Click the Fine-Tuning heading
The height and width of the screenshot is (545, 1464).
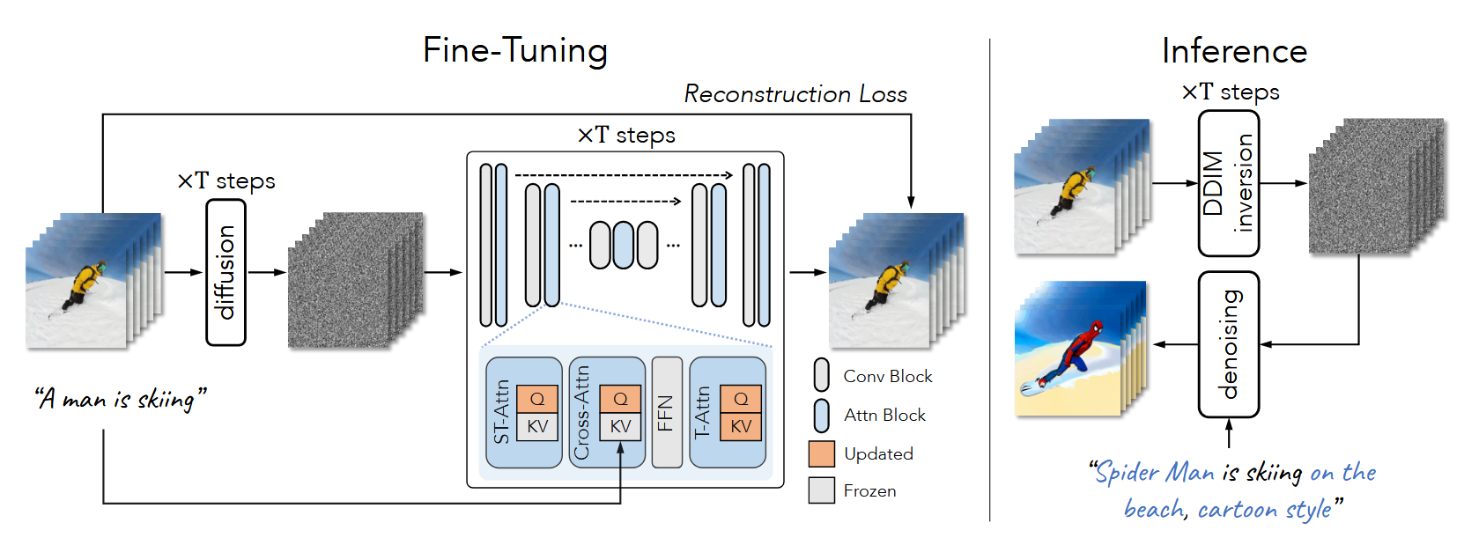click(515, 50)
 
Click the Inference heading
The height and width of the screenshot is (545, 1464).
click(1234, 51)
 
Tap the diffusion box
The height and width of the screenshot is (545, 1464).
click(226, 272)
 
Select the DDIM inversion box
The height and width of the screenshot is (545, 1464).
click(1228, 183)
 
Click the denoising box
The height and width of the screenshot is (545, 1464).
click(1228, 344)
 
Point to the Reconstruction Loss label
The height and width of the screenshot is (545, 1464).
click(795, 94)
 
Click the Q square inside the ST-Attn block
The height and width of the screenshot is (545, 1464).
click(537, 399)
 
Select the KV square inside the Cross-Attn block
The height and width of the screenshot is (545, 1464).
click(620, 426)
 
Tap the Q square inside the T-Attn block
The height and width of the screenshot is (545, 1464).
click(741, 399)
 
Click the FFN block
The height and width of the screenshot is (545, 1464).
click(667, 412)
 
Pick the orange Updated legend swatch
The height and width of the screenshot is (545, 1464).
click(821, 453)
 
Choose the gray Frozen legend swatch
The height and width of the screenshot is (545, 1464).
click(821, 490)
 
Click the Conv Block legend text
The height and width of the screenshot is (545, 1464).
click(887, 377)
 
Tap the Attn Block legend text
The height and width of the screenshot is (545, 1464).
click(884, 415)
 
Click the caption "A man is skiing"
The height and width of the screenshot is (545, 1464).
click(121, 399)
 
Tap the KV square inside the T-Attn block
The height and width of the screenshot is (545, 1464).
click(741, 427)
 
